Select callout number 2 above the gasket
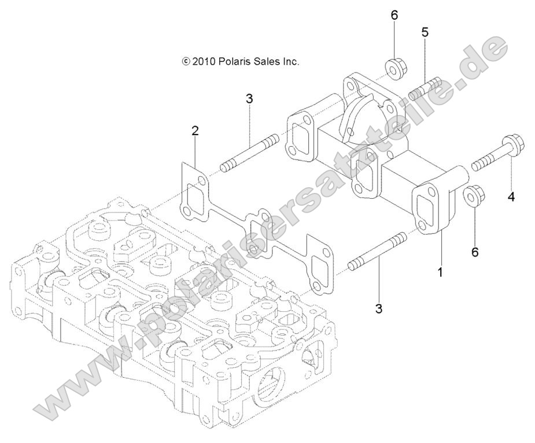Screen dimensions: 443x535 (195, 132)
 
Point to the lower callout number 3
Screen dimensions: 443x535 (379, 309)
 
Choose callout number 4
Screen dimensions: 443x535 (511, 198)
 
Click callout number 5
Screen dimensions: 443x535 (425, 32)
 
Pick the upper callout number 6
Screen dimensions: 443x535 (394, 15)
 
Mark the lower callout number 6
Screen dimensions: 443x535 (475, 236)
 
